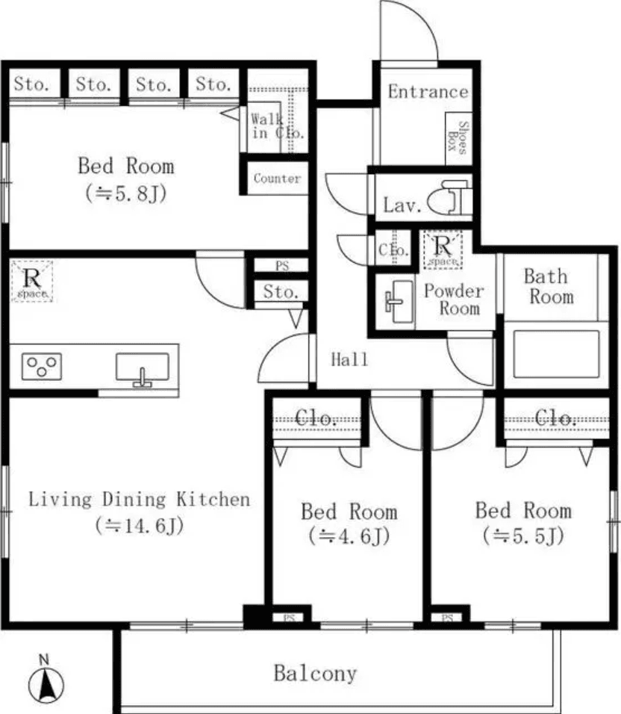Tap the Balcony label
point(314,674)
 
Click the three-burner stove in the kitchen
point(41,366)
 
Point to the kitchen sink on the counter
point(142,368)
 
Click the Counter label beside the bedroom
point(277,178)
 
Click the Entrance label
point(428,92)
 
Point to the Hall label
point(349,360)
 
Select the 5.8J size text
point(125,193)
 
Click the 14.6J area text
point(140,526)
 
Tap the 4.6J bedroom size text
point(349,536)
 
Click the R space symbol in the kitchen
point(32,281)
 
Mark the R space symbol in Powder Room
point(443,249)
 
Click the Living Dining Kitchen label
point(140,499)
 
